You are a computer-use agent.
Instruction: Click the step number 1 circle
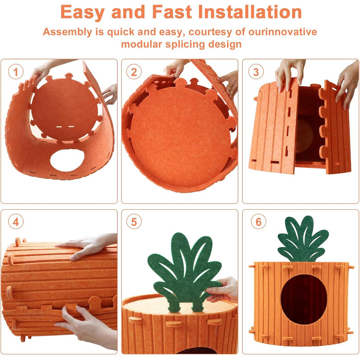(15, 72)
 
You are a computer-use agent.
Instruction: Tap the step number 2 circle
(134, 72)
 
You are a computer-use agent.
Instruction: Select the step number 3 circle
(256, 72)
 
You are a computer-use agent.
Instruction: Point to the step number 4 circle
(15, 222)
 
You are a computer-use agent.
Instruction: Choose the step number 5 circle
(134, 222)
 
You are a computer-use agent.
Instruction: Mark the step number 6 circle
(259, 222)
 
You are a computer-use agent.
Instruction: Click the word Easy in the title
(83, 12)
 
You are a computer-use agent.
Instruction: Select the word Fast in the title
(172, 12)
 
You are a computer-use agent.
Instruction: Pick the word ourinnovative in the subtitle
(283, 32)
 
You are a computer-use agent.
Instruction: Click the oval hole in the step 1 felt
(67, 160)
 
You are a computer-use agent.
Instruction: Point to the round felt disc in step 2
(180, 135)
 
